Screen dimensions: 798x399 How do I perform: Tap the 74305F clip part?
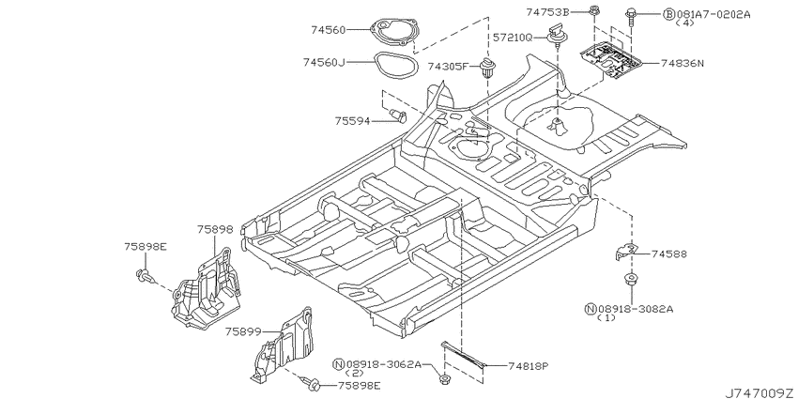click(x=488, y=69)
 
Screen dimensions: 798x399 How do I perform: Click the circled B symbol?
click(x=668, y=14)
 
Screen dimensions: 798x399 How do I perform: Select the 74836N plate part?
click(x=612, y=60)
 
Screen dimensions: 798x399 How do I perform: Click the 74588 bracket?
click(x=626, y=251)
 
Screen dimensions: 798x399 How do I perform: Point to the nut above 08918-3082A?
click(x=631, y=280)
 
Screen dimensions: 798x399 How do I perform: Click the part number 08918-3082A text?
click(x=636, y=309)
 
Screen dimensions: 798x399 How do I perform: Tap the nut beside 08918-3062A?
click(x=446, y=379)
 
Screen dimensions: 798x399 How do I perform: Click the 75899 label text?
click(x=243, y=331)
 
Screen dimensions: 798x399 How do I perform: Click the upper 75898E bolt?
click(x=144, y=275)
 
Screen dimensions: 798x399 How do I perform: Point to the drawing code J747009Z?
click(x=760, y=392)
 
